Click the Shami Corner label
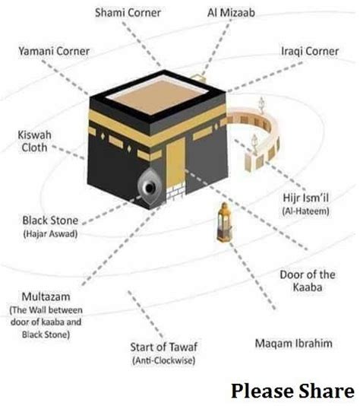pos(128,13)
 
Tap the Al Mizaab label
pos(231,13)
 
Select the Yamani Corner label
pos(54,51)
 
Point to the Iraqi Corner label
pos(310,51)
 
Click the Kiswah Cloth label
pos(34,141)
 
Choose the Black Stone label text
pos(50,220)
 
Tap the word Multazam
pos(46,297)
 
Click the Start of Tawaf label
pos(164,347)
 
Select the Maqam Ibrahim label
pos(294,344)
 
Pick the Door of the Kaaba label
pos(308,281)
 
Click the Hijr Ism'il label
pos(305,198)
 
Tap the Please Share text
pos(292,391)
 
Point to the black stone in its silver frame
pos(150,188)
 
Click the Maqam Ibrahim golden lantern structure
pos(224,222)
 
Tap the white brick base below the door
pos(176,191)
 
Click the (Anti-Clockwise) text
pos(164,360)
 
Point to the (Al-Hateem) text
pos(305,211)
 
